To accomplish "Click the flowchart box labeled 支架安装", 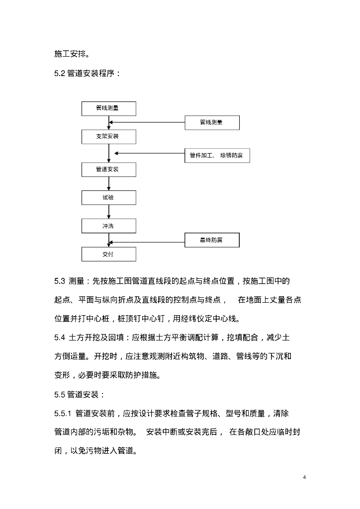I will (108, 136).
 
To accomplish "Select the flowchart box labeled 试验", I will (108, 197).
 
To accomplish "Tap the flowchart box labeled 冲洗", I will (108, 226).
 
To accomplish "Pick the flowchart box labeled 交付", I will (108, 254).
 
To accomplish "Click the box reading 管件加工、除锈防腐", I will (216, 156).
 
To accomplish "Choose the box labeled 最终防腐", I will (212, 241).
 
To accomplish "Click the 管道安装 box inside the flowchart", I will (108, 169).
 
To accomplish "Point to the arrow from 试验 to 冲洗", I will (108, 212).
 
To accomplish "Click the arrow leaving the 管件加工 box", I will (149, 154).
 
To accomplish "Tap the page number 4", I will (304, 478).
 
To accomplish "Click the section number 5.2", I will (60, 74).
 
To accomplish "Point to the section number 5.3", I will (60, 281).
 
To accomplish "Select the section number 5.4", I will (60, 338).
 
